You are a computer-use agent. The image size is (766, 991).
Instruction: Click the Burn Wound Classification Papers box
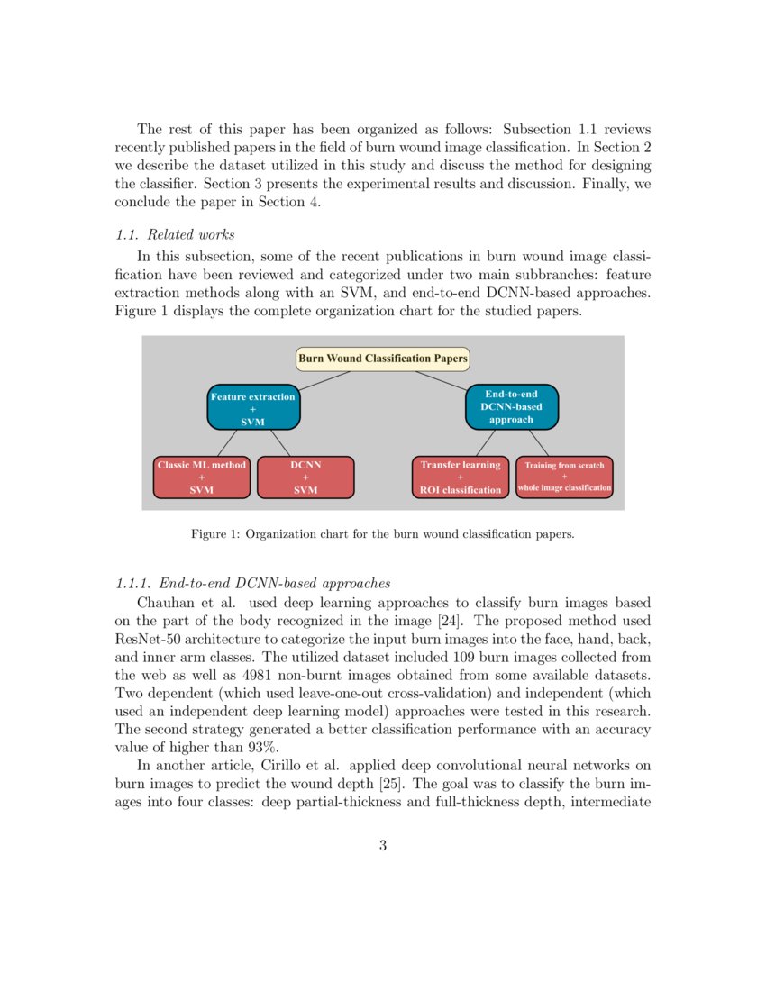point(383,359)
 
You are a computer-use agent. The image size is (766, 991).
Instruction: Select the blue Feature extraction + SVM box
point(253,408)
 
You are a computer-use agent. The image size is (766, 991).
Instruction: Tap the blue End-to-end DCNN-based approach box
point(512,407)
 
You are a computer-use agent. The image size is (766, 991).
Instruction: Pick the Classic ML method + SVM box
point(201,477)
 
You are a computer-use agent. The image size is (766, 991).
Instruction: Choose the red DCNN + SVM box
point(305,477)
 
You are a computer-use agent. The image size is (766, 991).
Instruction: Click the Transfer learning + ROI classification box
point(461,477)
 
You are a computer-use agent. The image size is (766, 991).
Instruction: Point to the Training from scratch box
point(564,477)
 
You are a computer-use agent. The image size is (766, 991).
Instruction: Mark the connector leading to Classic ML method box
point(226,442)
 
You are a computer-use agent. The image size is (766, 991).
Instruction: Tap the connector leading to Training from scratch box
point(538,442)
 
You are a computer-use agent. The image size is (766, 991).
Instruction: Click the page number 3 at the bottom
point(383,845)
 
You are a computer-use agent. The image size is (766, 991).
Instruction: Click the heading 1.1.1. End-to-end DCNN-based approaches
point(253,583)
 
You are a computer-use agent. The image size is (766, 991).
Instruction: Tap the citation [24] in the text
point(483,621)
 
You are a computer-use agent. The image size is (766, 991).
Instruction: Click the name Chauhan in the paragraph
point(164,602)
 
